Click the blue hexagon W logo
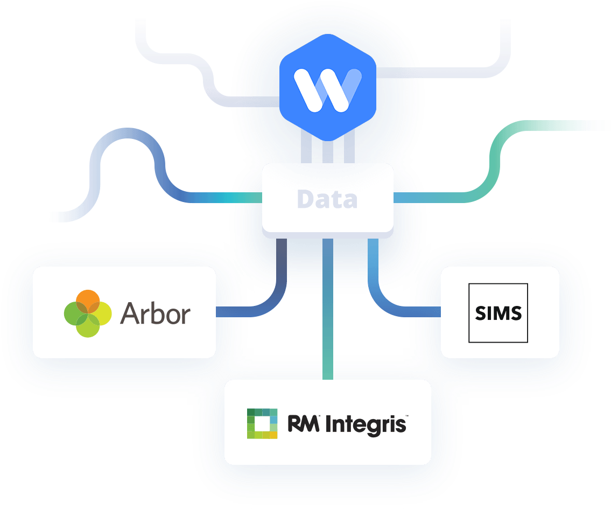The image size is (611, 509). point(328,87)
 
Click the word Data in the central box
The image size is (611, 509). point(327,199)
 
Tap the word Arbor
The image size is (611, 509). point(156,313)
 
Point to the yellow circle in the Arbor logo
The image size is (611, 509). point(100,313)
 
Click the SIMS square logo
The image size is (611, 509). point(498,313)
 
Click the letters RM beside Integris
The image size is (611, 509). point(303,423)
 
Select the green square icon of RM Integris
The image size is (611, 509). point(262,424)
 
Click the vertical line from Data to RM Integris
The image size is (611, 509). point(328,309)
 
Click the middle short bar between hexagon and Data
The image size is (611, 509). point(328,152)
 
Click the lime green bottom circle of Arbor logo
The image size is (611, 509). point(88,325)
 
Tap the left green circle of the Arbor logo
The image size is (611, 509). point(76,313)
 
